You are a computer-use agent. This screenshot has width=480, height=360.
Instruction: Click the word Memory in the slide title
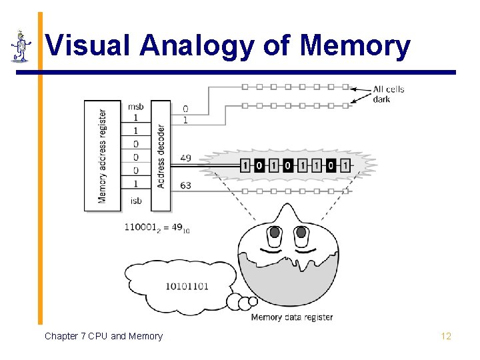(355, 45)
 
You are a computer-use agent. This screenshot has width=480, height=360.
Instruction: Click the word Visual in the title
(88, 45)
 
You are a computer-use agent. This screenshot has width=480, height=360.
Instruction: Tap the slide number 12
(446, 336)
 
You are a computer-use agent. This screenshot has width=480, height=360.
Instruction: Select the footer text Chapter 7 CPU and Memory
(103, 336)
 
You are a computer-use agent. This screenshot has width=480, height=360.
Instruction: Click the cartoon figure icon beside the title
(21, 45)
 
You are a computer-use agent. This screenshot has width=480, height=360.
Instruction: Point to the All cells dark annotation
(388, 94)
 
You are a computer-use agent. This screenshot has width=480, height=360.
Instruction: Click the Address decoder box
(161, 155)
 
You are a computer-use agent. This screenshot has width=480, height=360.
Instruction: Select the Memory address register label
(101, 155)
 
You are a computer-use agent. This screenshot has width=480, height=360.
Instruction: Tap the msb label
(135, 107)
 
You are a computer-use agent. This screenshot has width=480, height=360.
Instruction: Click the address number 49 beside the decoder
(185, 158)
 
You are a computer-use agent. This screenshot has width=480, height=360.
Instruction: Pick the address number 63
(185, 185)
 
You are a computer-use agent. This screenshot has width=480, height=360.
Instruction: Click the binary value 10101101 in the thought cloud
(187, 286)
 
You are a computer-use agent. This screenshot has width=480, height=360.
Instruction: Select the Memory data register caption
(291, 317)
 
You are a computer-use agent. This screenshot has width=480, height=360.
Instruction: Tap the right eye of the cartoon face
(301, 233)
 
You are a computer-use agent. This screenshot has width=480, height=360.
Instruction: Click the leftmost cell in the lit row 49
(245, 165)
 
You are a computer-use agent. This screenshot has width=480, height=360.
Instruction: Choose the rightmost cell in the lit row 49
(345, 165)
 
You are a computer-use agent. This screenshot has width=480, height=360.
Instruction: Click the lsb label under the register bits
(135, 200)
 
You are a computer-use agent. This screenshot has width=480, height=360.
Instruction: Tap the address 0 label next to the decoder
(185, 109)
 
